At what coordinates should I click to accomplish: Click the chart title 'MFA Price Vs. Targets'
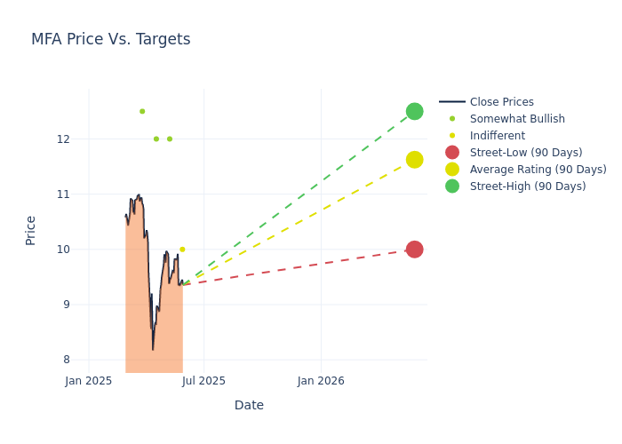(x=110, y=39)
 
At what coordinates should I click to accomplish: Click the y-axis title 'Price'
(x=31, y=230)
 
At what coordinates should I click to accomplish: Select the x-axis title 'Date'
(x=249, y=405)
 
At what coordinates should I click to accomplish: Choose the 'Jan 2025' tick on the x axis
(x=89, y=381)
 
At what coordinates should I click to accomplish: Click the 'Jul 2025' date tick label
(x=204, y=381)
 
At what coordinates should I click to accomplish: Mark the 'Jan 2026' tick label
(x=321, y=381)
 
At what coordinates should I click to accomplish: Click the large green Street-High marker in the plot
(x=414, y=111)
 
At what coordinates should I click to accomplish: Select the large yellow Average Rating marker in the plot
(x=414, y=160)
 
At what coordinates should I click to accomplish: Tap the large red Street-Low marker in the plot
(x=414, y=250)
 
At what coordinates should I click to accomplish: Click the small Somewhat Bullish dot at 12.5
(x=142, y=111)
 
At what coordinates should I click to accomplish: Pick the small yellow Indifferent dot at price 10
(x=182, y=250)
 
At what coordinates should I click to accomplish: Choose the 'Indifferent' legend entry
(x=497, y=136)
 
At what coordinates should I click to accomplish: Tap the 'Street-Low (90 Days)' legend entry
(x=525, y=153)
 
